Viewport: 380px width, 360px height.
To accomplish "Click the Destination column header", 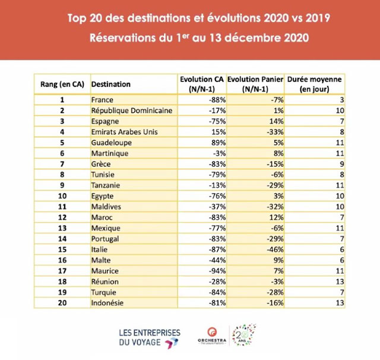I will pyautogui.click(x=112, y=84).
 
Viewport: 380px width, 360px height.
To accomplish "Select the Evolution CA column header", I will pyautogui.click(x=202, y=84).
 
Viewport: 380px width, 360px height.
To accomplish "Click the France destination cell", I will pyautogui.click(x=102, y=100).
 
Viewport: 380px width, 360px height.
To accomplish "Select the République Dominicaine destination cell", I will pyautogui.click(x=131, y=110).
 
